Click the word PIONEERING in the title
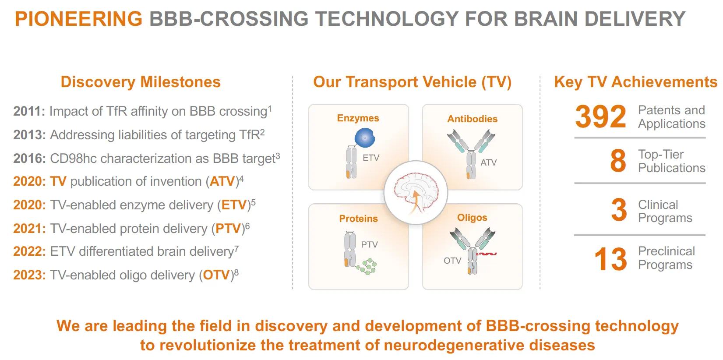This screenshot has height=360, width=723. (79, 19)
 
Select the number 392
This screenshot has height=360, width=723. (600, 116)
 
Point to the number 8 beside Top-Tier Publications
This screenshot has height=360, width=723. (618, 161)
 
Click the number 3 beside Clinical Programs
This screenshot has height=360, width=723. (619, 210)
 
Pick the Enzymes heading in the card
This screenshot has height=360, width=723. (358, 118)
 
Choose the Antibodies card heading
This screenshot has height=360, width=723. (472, 119)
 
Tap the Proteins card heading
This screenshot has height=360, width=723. (358, 219)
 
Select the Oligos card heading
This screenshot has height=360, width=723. (472, 218)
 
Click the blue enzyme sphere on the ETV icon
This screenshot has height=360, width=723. (364, 138)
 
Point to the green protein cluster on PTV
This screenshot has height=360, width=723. (368, 266)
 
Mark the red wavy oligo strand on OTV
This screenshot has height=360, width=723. (487, 254)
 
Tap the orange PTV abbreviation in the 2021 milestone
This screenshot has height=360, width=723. (228, 229)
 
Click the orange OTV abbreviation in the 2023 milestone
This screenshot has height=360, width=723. (216, 275)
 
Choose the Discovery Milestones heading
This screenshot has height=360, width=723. (141, 82)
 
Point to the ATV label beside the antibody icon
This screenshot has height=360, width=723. (488, 162)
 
